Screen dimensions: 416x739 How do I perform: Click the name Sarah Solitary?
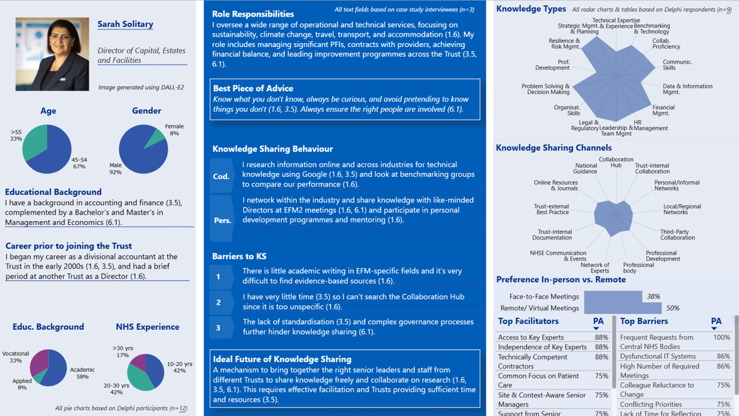pos(125,24)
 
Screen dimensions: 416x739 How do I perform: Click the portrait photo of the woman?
pos(52,54)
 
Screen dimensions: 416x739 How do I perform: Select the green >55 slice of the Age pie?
pos(34,143)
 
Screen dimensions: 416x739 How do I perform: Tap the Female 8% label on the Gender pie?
pos(174,130)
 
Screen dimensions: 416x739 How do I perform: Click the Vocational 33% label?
pos(15,357)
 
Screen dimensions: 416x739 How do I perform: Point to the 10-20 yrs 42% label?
pos(179,367)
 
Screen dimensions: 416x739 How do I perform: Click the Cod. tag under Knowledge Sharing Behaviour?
pos(221,176)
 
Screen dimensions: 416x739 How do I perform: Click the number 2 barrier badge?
pos(218,302)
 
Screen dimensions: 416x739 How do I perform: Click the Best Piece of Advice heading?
pos(253,89)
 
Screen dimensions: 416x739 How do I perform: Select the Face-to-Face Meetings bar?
pos(613,296)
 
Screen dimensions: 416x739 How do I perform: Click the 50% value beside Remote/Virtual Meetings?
pos(673,309)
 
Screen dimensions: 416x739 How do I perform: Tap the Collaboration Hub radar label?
pos(616,162)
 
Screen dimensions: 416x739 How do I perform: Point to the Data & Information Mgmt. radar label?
pos(687,89)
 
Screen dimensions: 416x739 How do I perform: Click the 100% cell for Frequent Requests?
pos(722,338)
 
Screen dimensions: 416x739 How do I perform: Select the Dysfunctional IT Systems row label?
pos(658,356)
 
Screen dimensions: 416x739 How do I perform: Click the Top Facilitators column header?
pos(528,321)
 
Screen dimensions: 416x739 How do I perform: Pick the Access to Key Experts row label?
pos(531,338)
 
